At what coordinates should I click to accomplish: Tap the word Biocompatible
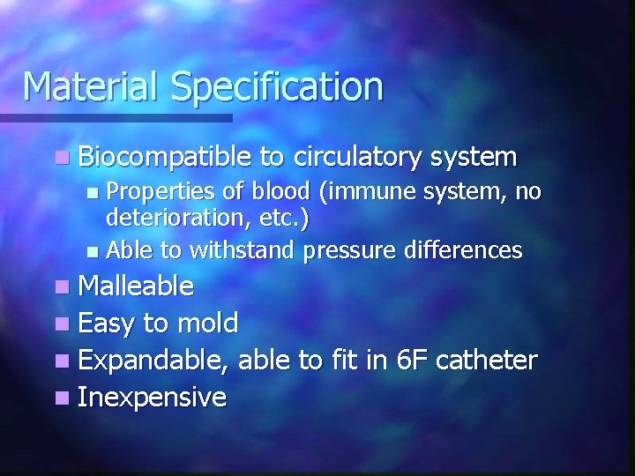click(x=165, y=158)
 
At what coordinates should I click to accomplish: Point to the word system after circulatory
click(x=474, y=158)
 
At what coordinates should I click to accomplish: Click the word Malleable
click(x=136, y=286)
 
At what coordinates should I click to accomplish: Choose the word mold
click(x=208, y=323)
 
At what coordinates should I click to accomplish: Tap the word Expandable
click(x=154, y=361)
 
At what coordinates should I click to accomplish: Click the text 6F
click(x=409, y=360)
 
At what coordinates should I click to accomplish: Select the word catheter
click(x=487, y=360)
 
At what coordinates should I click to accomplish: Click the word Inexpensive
click(x=152, y=398)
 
